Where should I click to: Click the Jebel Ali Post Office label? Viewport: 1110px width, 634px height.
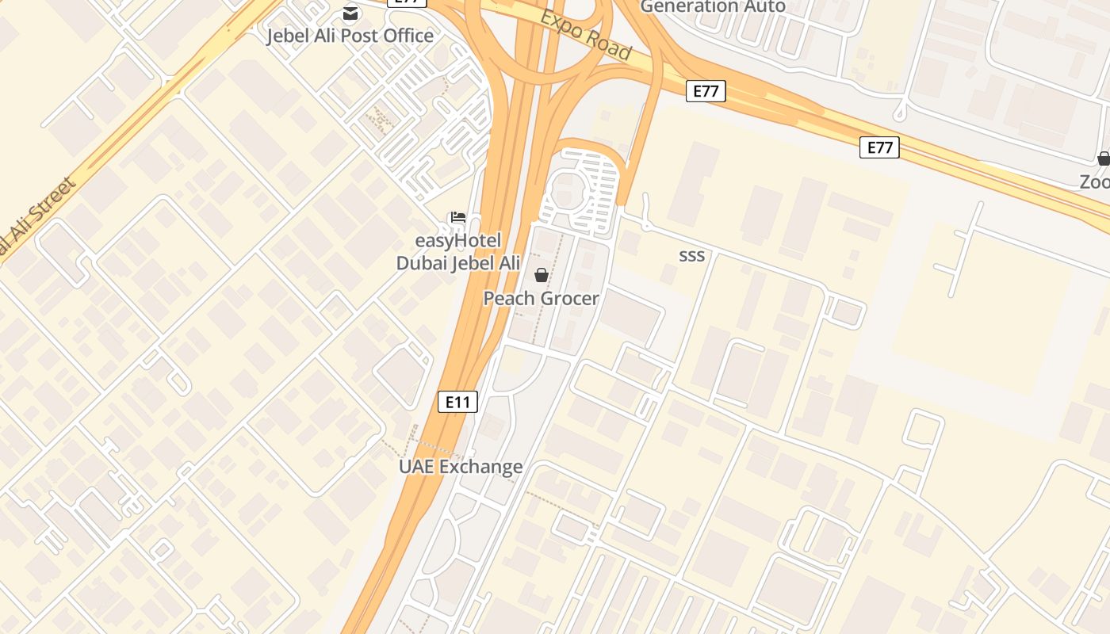tap(350, 36)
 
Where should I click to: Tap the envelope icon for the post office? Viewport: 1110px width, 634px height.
tap(350, 13)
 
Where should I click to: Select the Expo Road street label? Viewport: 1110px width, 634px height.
tap(587, 36)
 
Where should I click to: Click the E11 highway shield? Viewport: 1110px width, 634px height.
tap(457, 402)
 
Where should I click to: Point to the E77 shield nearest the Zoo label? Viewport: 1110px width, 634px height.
tap(879, 147)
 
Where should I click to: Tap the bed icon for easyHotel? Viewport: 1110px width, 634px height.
tap(457, 217)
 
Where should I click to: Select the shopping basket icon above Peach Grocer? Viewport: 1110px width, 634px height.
tap(541, 275)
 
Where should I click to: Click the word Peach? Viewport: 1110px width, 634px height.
tap(506, 299)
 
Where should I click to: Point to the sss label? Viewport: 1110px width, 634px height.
tap(691, 255)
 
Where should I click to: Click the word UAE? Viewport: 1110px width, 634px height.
tap(416, 467)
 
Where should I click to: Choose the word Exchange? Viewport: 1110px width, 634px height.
tap(480, 467)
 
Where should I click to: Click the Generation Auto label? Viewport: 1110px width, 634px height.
tap(712, 6)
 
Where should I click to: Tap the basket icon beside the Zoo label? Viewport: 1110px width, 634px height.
tap(1103, 158)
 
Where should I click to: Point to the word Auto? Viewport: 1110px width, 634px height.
tap(764, 6)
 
